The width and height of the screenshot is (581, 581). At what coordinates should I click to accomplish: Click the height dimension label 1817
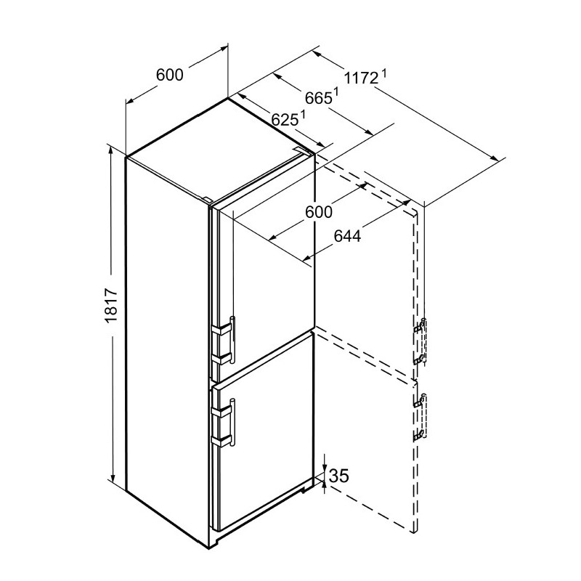[x=111, y=306]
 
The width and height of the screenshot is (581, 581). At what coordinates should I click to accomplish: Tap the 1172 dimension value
[x=361, y=78]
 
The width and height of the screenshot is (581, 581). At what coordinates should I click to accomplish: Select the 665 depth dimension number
[x=318, y=98]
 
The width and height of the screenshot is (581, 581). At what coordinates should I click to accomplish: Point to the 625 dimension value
[x=285, y=120]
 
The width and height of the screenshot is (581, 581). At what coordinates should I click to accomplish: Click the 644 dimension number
[x=347, y=236]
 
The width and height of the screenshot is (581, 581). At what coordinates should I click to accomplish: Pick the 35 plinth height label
[x=339, y=476]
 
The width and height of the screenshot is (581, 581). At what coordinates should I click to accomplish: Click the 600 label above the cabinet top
[x=170, y=75]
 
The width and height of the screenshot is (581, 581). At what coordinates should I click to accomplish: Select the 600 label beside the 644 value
[x=319, y=212]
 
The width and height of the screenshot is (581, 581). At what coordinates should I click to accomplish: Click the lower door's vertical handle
[x=232, y=423]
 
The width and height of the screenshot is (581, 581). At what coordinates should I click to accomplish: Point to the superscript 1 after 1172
[x=384, y=74]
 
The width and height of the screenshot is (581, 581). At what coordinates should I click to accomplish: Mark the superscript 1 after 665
[x=336, y=92]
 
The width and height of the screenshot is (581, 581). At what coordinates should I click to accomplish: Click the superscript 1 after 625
[x=303, y=115]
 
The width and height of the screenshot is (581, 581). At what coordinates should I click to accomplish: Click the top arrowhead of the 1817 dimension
[x=110, y=150]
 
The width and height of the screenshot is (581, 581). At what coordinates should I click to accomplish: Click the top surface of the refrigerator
[x=221, y=150]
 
